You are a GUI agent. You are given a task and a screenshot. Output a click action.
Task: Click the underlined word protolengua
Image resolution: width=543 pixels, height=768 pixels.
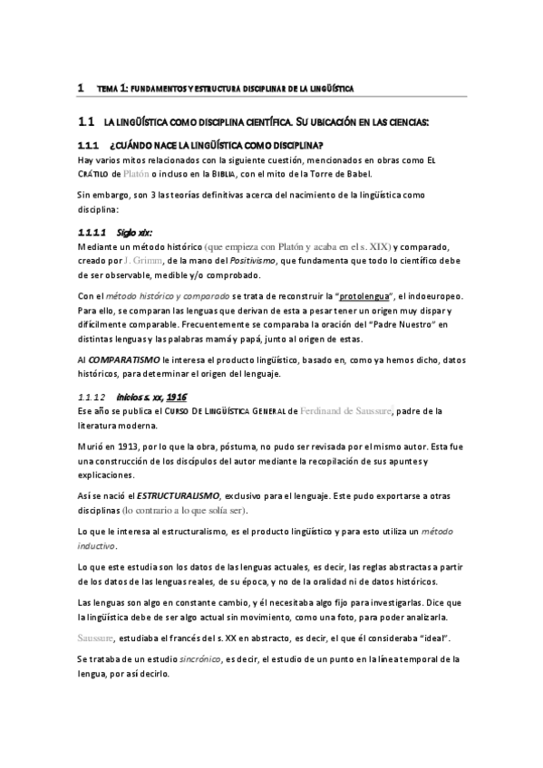pyautogui.click(x=369, y=296)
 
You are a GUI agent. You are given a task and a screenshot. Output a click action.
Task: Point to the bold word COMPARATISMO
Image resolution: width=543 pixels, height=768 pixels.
pyautogui.click(x=121, y=360)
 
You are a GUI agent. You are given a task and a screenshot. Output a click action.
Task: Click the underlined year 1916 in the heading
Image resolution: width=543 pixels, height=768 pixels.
pyautogui.click(x=178, y=396)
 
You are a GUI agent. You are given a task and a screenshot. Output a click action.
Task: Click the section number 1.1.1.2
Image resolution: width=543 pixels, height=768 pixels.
pyautogui.click(x=92, y=396)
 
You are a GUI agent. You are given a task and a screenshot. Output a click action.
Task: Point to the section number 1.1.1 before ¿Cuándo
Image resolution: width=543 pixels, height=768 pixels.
pyautogui.click(x=87, y=146)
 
